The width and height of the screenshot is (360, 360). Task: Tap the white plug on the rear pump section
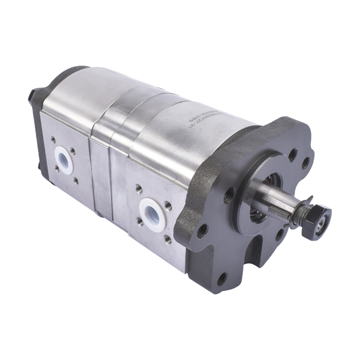click(64, 158)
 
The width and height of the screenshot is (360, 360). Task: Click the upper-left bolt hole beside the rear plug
click(53, 140)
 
